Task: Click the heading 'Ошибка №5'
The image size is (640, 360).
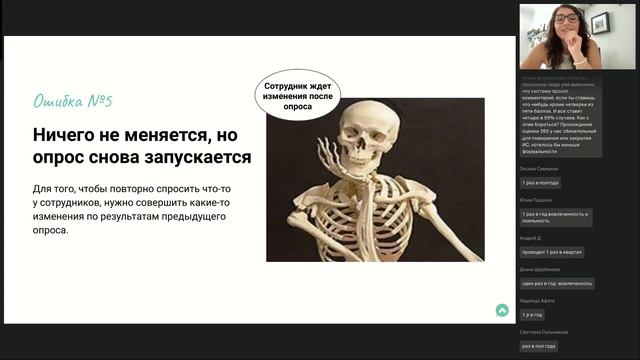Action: click(73, 101)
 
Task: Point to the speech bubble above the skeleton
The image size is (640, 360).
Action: click(296, 95)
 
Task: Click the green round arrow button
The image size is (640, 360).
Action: click(502, 311)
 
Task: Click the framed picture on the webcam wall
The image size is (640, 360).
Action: click(600, 22)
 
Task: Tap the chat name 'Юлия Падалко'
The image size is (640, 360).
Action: click(537, 201)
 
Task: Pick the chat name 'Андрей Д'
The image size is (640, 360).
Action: click(531, 238)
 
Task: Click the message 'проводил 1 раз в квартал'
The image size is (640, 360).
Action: click(552, 252)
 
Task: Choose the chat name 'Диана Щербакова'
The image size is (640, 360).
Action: click(541, 269)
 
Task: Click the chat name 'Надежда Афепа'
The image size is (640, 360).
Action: click(537, 300)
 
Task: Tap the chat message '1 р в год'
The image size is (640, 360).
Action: click(532, 314)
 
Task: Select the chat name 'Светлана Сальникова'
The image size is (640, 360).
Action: click(544, 332)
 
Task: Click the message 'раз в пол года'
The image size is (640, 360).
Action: click(539, 346)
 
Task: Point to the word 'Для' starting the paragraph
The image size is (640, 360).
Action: click(44, 189)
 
